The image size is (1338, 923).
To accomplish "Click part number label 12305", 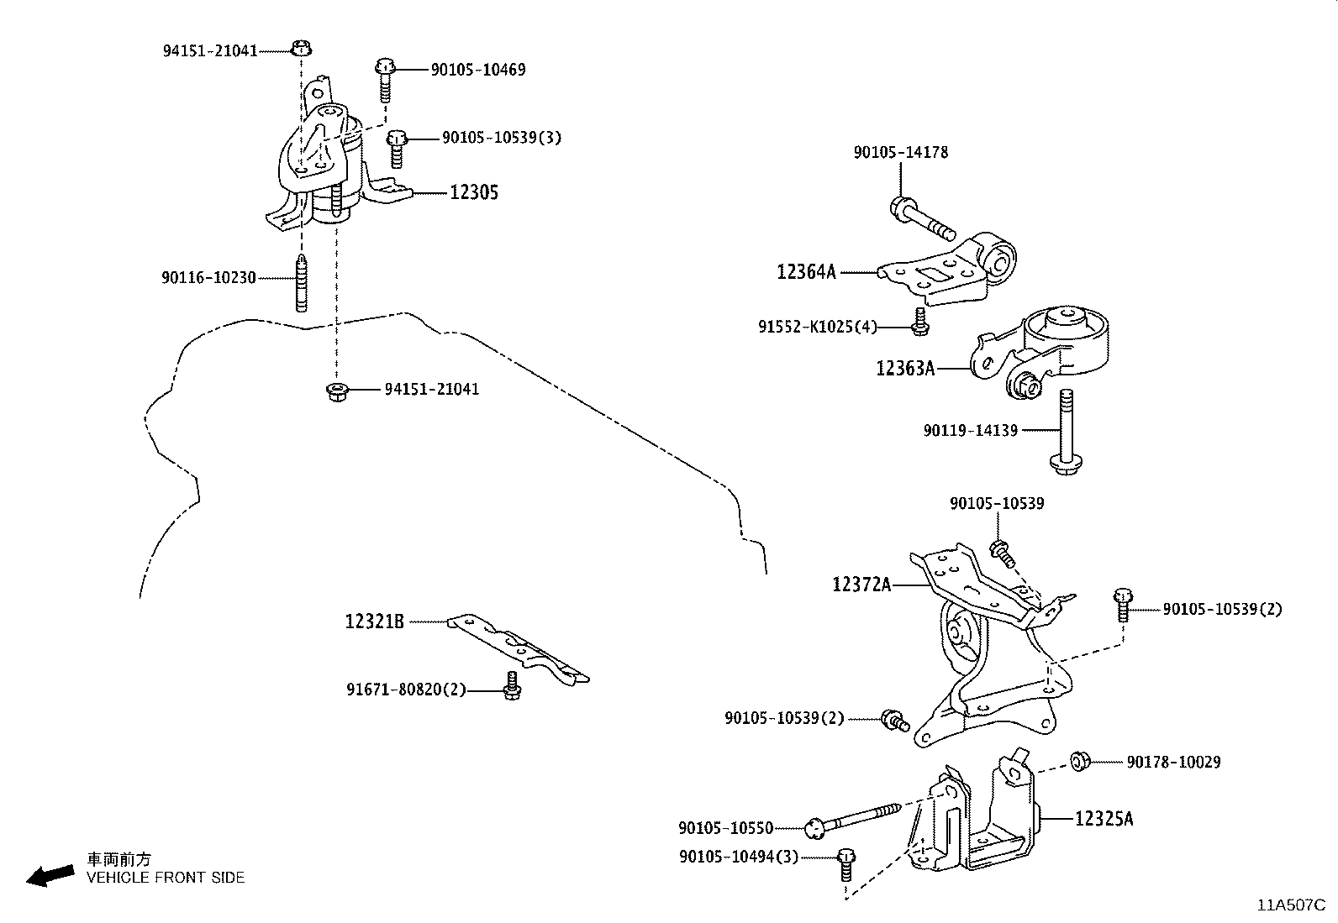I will tap(474, 192).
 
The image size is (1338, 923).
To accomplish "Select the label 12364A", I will tap(806, 271).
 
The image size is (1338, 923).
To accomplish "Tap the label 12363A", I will tap(905, 368).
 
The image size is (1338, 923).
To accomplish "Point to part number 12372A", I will tap(861, 584).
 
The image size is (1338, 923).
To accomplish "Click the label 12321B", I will tap(374, 621).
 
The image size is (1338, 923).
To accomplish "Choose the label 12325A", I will tap(1104, 818).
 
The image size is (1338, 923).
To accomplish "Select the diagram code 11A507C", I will tap(1291, 905).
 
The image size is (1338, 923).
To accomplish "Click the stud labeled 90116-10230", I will tap(301, 281).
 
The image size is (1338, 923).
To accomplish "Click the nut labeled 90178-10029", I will tap(1080, 762).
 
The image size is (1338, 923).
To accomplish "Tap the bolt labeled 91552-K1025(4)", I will tap(919, 320).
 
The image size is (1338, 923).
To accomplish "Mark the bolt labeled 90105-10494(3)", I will tap(846, 864).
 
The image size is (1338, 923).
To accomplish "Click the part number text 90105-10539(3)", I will tap(501, 137).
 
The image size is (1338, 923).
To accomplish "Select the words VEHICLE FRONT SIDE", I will tap(166, 878).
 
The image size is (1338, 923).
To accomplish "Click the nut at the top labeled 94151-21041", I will tap(301, 48).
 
